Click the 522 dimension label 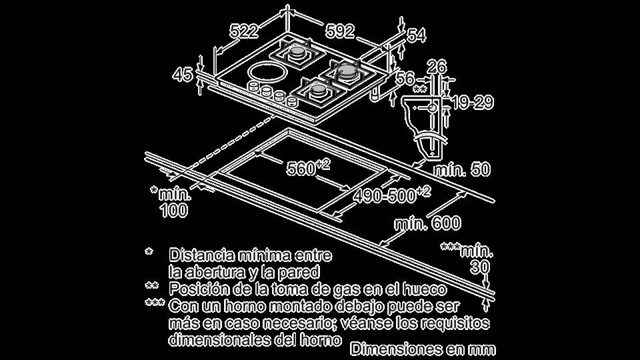click(x=245, y=31)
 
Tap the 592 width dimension click(x=340, y=31)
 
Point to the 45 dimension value click(x=182, y=75)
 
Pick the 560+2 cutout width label click(x=308, y=168)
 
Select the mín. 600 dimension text click(x=427, y=223)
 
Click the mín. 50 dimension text click(x=462, y=170)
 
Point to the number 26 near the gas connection click(x=437, y=66)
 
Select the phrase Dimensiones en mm click(x=423, y=349)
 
